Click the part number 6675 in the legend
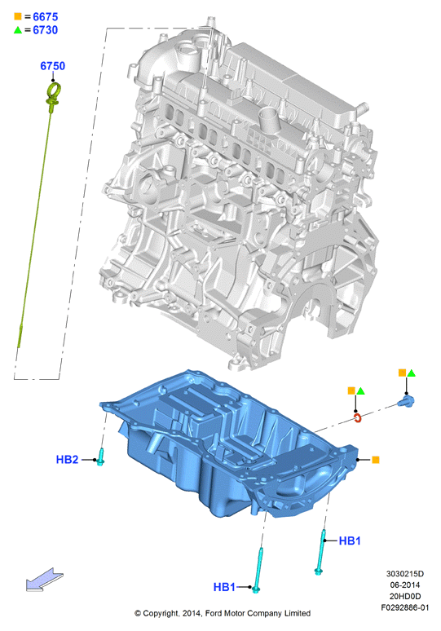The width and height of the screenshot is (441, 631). coord(46,17)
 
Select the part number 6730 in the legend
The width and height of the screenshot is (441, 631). coord(46,30)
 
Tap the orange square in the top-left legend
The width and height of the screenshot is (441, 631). coord(18,16)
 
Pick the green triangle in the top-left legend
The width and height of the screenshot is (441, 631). coord(18,30)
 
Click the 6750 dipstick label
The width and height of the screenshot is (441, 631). coord(53,66)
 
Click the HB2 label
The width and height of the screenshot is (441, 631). coord(67,459)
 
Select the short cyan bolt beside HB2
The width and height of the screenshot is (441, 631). coord(100,457)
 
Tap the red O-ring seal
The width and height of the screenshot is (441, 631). coord(358,418)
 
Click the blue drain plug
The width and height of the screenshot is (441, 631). coord(406,401)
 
